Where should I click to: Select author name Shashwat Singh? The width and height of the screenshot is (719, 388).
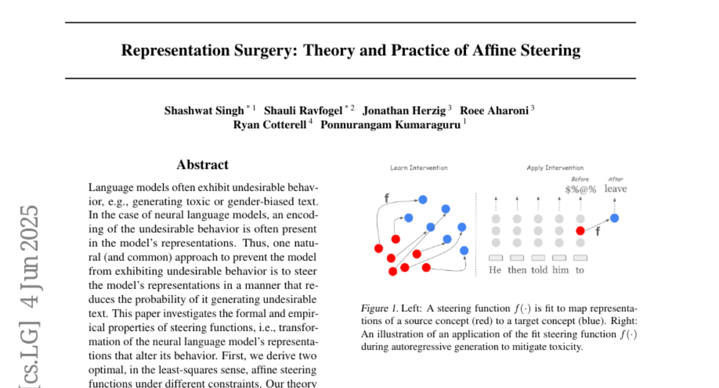point(204,110)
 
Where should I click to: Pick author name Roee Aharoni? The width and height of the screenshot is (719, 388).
point(494,110)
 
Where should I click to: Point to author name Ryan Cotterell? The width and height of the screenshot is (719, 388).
point(270,125)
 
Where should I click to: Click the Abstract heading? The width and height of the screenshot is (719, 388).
point(203,165)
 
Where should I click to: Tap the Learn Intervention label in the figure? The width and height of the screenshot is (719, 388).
point(419,168)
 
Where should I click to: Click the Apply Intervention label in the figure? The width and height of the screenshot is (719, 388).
point(555,168)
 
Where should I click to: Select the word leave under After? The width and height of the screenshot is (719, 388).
point(615,189)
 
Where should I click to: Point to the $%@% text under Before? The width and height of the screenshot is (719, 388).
point(581,189)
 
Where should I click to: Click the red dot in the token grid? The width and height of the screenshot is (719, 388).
point(580,231)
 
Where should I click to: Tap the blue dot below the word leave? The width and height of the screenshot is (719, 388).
point(614,218)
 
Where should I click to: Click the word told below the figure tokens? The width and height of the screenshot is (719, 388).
point(539,270)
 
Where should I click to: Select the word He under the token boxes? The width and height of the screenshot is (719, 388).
point(495,270)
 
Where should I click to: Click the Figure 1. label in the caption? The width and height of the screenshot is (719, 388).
point(379,309)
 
